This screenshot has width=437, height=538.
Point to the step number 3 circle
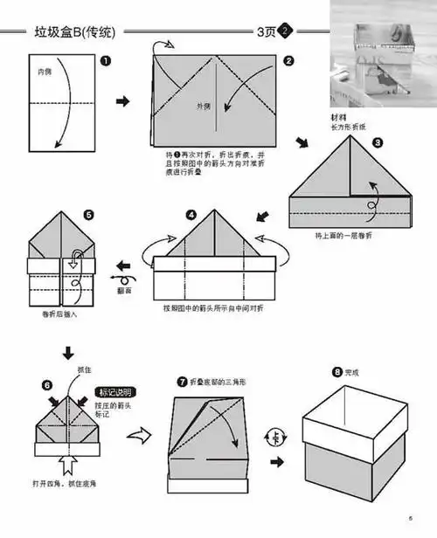377,141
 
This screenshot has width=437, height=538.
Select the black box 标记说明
116,392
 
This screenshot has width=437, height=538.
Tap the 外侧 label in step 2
203,107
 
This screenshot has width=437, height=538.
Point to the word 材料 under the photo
337,116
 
